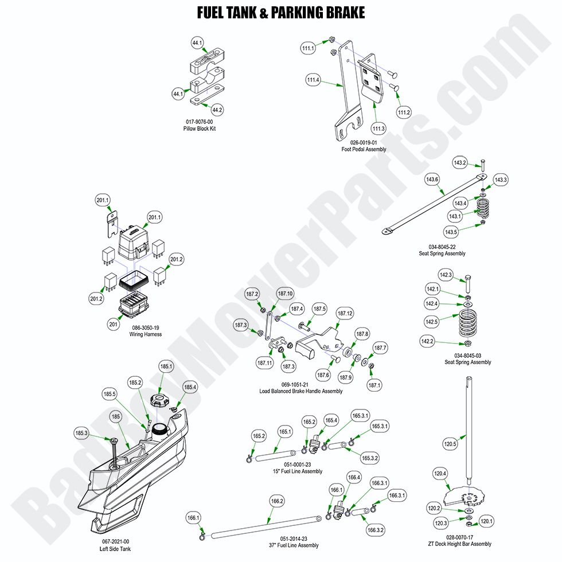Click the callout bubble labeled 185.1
(x=166, y=366)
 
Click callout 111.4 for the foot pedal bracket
(x=313, y=80)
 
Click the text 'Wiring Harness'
(x=145, y=334)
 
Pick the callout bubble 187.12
(x=345, y=314)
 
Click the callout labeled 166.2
(x=277, y=501)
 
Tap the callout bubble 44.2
(x=217, y=109)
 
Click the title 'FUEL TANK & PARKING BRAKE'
(x=280, y=13)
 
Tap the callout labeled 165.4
(x=331, y=420)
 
